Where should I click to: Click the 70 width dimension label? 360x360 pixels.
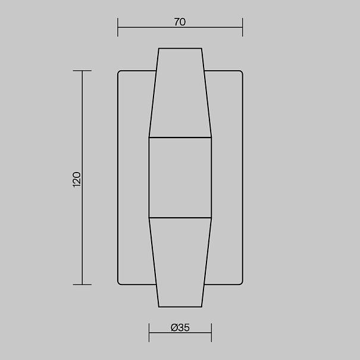click(180, 22)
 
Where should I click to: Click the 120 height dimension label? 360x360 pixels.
click(76, 180)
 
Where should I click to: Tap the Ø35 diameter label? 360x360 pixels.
click(180, 328)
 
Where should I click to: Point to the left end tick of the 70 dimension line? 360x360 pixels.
click(118, 27)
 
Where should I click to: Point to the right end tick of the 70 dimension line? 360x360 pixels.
click(242, 27)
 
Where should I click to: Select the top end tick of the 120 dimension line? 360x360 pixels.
click(82, 71)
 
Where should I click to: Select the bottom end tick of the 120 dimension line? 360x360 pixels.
click(82, 284)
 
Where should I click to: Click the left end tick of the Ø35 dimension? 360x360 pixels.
click(149, 333)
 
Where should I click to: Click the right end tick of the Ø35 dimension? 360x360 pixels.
click(211, 333)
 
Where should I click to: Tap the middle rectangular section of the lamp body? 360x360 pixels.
click(180, 177)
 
